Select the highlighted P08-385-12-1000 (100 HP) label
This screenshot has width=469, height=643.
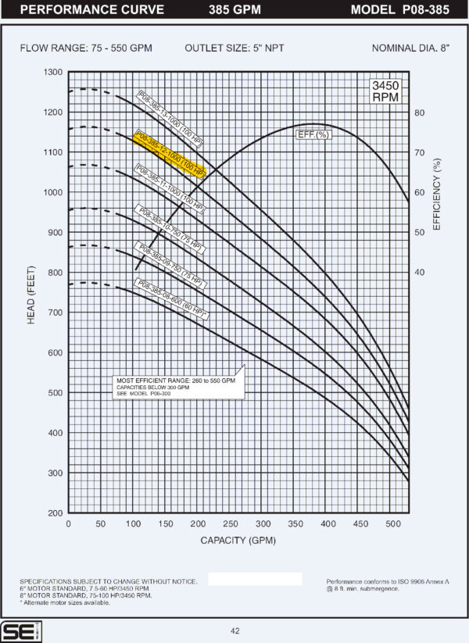[x=170, y=154]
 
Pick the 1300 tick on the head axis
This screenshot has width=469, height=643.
[x=53, y=72]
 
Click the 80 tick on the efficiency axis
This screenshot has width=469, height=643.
[x=419, y=113]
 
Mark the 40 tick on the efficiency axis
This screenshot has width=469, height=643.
[x=419, y=272]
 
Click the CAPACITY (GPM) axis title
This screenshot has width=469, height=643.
[x=238, y=540]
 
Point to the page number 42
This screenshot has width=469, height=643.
[x=234, y=630]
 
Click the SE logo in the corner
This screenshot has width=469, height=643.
[x=15, y=630]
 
